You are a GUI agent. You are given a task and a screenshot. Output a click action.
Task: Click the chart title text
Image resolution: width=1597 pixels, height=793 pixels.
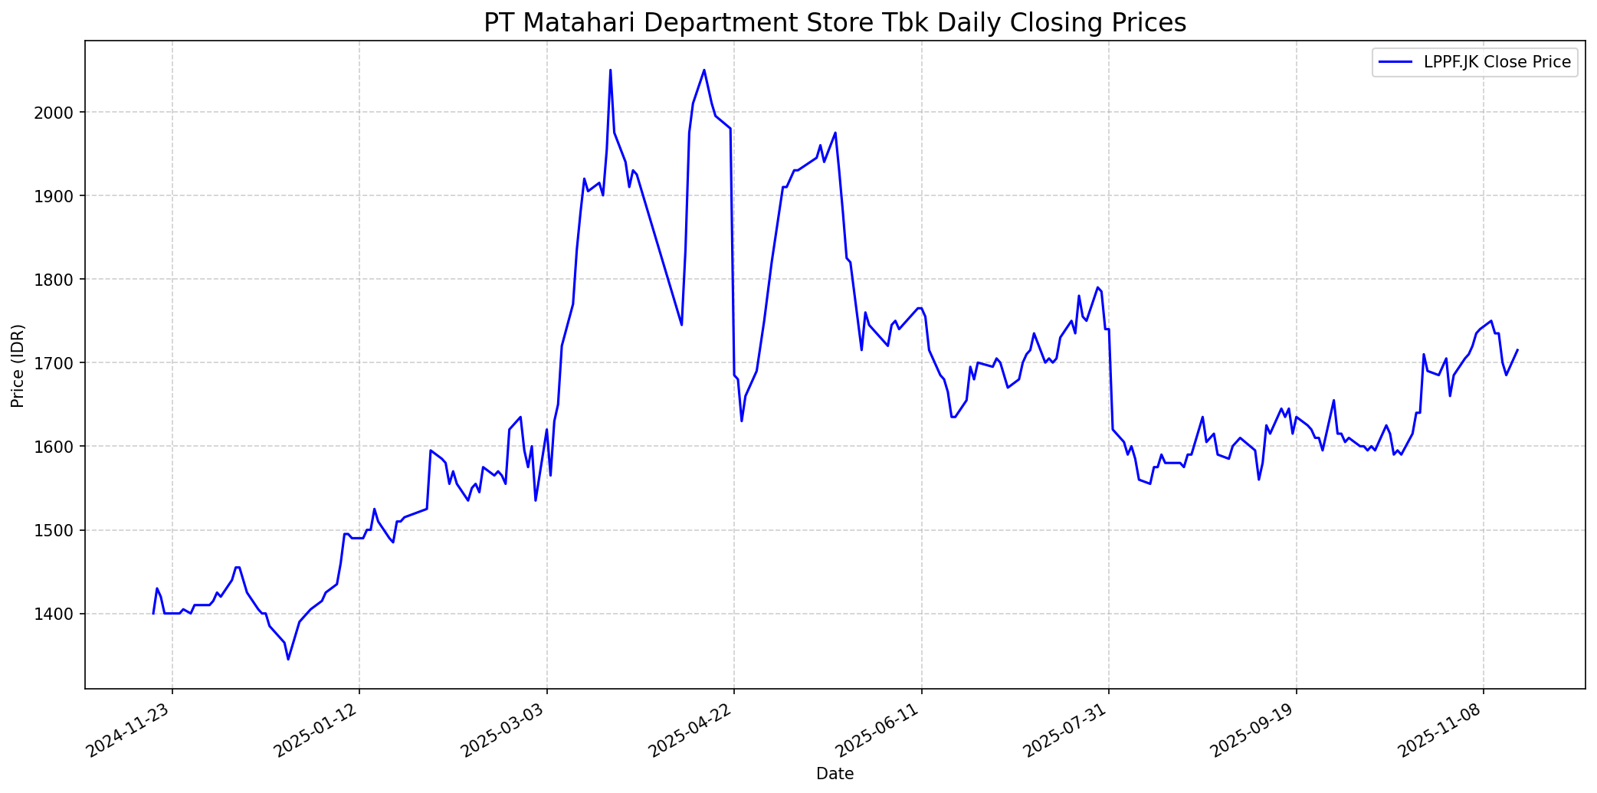[835, 23]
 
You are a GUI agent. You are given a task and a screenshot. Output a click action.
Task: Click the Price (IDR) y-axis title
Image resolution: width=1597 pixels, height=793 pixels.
[18, 365]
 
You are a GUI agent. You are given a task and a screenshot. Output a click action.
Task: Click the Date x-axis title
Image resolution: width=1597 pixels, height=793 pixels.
[835, 774]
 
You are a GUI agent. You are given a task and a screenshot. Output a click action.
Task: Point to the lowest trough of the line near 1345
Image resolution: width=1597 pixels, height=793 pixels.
[288, 659]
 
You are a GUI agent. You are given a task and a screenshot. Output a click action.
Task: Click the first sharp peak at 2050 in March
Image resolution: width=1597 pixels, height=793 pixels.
[610, 70]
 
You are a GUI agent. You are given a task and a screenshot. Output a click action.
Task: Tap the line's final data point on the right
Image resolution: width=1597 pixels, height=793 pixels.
[1517, 350]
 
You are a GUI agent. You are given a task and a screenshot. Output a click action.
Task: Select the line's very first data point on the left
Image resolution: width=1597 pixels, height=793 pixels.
[153, 614]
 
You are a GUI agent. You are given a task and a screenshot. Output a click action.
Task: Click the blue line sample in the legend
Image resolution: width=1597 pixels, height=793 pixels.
[1395, 62]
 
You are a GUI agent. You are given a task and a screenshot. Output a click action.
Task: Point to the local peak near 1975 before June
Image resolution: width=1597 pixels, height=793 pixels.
[835, 133]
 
